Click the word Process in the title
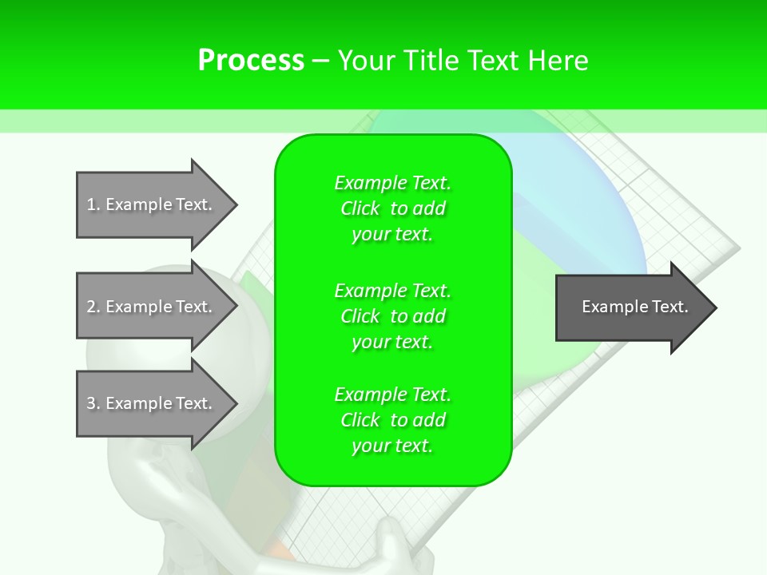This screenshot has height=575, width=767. pyautogui.click(x=251, y=61)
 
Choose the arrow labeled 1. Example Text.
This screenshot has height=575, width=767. pyautogui.click(x=152, y=204)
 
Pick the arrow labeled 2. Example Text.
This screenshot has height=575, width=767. pyautogui.click(x=152, y=307)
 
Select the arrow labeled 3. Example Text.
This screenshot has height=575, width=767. pyautogui.click(x=152, y=403)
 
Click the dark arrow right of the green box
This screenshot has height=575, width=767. pyautogui.click(x=631, y=307)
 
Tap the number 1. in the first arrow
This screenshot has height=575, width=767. pyautogui.click(x=93, y=205)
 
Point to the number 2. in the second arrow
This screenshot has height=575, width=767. pyautogui.click(x=93, y=307)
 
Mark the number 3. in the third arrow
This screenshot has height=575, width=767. pyautogui.click(x=93, y=404)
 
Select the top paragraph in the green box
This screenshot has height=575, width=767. pyautogui.click(x=392, y=208)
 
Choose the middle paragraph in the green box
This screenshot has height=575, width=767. pyautogui.click(x=392, y=316)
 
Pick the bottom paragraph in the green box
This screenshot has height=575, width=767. pyautogui.click(x=392, y=420)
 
